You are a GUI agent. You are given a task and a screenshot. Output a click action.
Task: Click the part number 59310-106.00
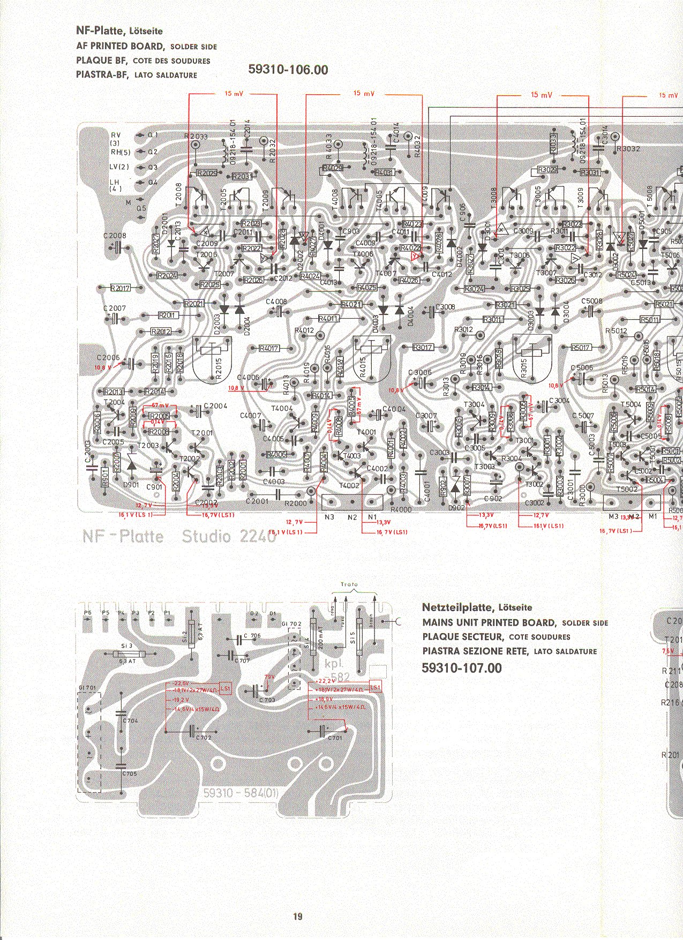[288, 70]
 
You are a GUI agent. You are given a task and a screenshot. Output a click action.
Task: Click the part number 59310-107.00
[462, 668]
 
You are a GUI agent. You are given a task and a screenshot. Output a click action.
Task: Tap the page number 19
[297, 916]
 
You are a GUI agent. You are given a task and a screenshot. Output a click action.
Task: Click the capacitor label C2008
[115, 236]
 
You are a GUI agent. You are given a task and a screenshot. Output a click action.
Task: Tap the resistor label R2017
[120, 288]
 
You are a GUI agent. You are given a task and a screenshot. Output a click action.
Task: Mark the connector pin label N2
[352, 517]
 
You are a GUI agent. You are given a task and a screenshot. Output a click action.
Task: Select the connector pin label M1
[652, 516]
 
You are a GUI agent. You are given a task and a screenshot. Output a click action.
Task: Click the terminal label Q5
[141, 208]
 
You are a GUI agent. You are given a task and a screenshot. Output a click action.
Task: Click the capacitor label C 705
[129, 773]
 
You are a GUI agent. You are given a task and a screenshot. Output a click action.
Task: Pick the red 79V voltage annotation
[269, 677]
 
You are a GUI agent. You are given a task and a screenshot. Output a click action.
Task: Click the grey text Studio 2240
[229, 536]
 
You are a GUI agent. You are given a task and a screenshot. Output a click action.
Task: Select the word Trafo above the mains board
[349, 584]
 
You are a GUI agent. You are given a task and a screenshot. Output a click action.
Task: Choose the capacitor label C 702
[203, 738]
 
